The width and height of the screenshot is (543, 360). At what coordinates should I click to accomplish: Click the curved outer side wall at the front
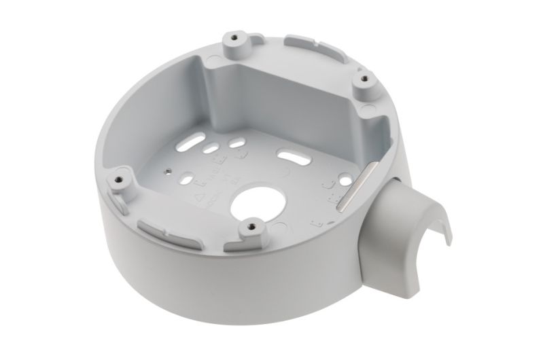click(x=204, y=285)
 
